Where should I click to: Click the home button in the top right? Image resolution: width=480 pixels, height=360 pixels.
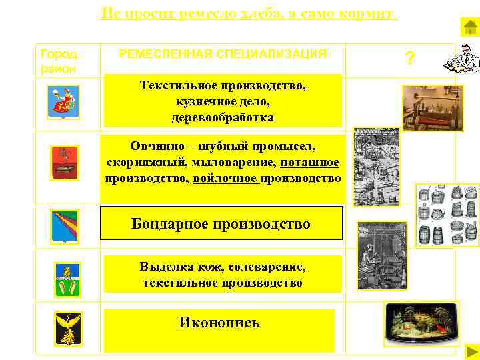[x=469, y=27]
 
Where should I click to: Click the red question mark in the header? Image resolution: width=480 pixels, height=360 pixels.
[x=410, y=59]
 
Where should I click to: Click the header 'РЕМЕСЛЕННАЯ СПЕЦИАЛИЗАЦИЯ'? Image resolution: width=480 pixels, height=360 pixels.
[x=223, y=54]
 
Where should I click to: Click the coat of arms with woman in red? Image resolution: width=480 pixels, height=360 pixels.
[x=65, y=102]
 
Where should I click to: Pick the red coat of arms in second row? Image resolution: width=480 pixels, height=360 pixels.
[x=65, y=162]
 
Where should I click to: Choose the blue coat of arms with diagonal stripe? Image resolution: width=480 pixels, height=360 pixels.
[x=65, y=227]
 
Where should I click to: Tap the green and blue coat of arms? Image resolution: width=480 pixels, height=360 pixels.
[x=66, y=279]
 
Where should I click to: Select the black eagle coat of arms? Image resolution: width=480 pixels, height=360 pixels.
[x=67, y=327]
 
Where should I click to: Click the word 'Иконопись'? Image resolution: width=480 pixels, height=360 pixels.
[x=219, y=323]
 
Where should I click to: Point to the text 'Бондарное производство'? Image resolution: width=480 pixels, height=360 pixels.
[x=221, y=223]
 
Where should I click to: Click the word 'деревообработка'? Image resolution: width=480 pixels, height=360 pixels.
[x=222, y=117]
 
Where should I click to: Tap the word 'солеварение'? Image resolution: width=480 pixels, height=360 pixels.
[x=266, y=267]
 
